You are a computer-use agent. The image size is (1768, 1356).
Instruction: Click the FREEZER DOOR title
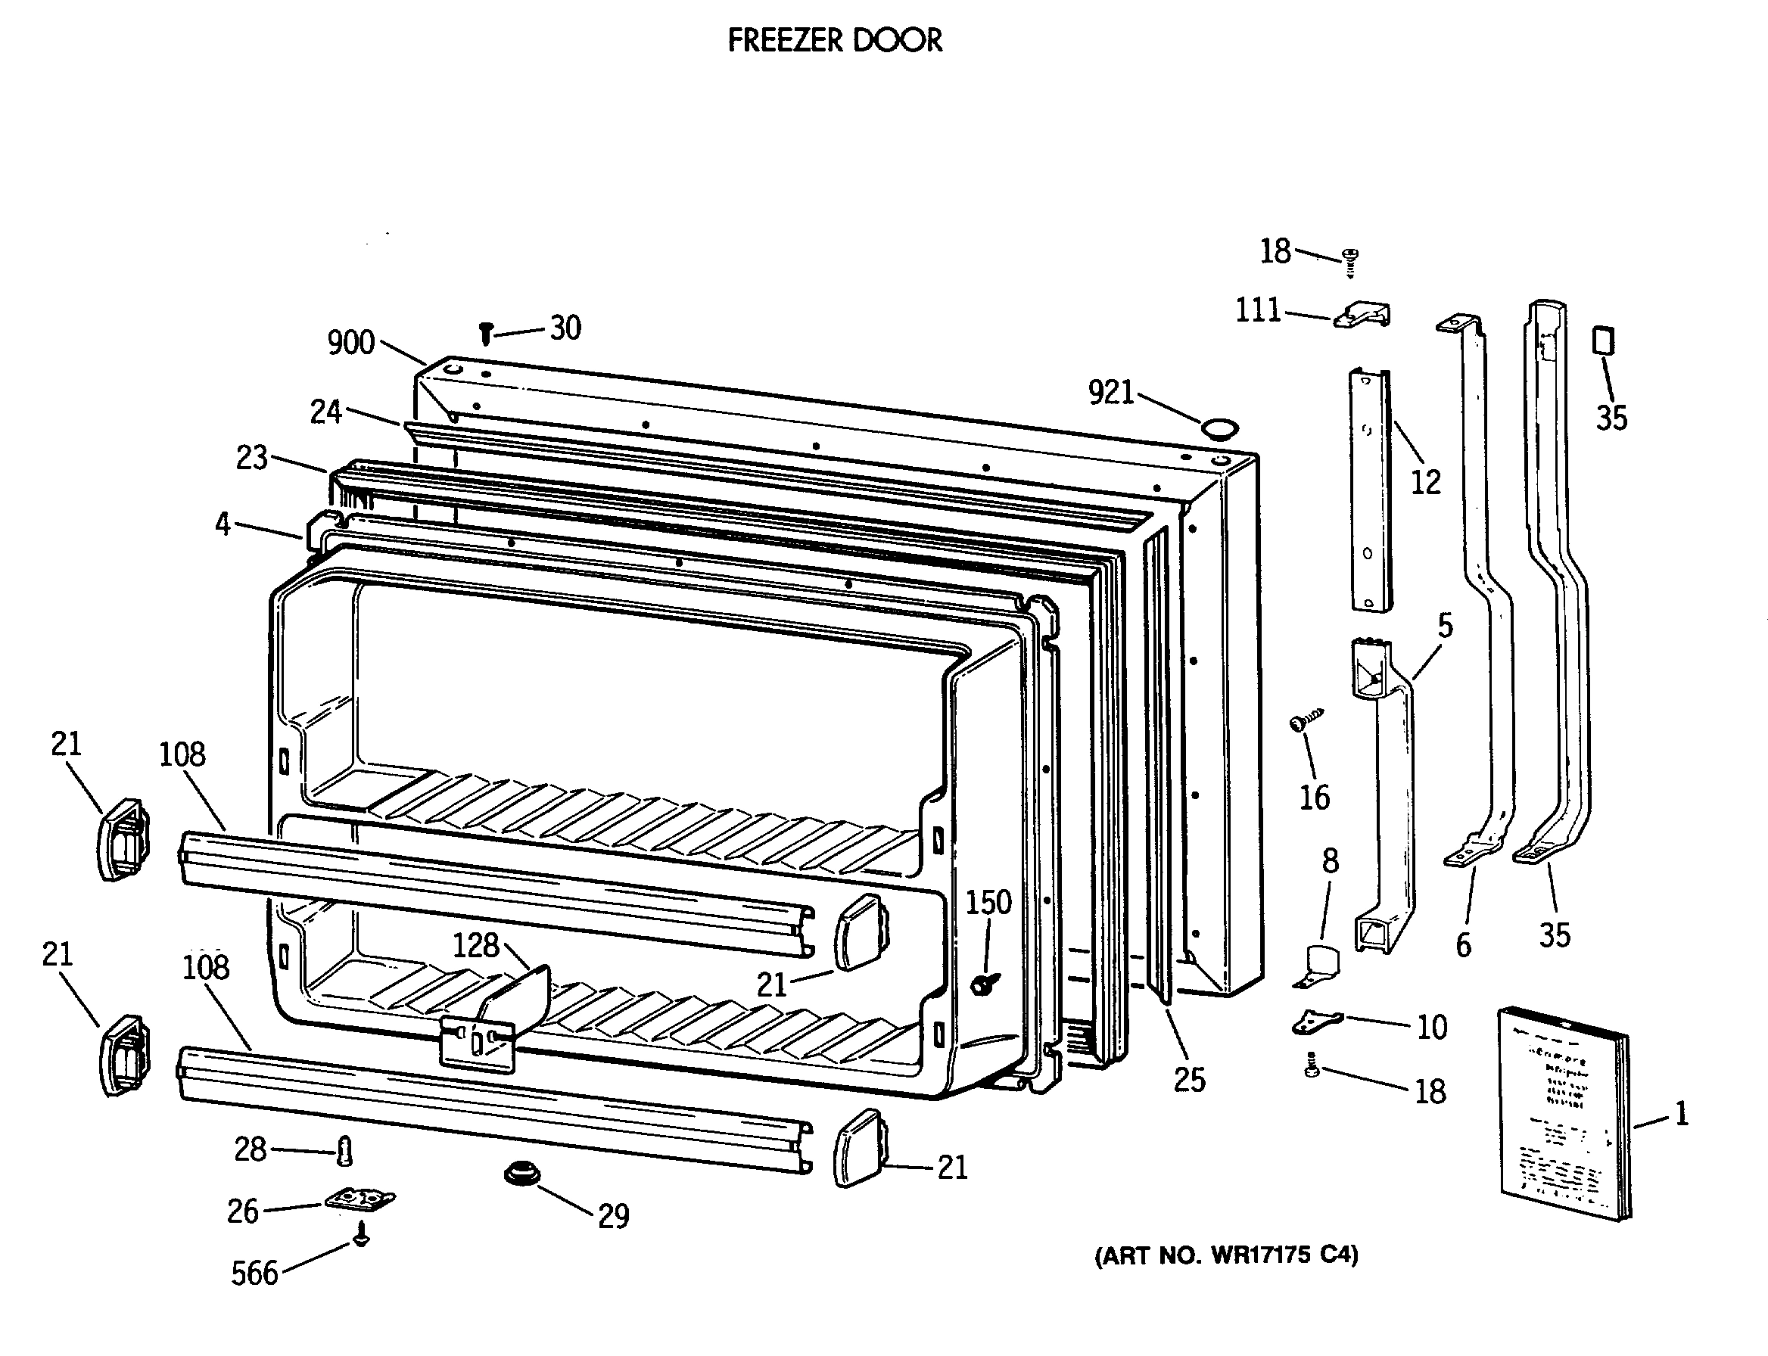click(835, 40)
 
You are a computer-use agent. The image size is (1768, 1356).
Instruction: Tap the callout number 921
click(1111, 392)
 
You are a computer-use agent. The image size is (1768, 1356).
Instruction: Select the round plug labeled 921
click(1219, 428)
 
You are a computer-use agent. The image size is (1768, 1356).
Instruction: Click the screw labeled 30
click(486, 332)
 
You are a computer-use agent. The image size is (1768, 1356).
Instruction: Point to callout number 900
click(350, 343)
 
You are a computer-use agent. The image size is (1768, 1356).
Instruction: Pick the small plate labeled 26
click(360, 1199)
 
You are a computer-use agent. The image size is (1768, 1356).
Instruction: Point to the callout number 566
click(254, 1274)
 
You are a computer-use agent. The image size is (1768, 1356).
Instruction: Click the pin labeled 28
click(346, 1151)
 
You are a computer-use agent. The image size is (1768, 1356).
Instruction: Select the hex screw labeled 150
click(983, 984)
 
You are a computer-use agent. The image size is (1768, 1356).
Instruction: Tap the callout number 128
click(475, 945)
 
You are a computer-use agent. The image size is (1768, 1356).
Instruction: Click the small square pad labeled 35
click(1603, 340)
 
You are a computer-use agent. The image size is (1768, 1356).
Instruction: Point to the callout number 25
click(1189, 1080)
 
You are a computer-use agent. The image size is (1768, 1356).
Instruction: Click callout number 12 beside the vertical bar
click(1425, 483)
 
